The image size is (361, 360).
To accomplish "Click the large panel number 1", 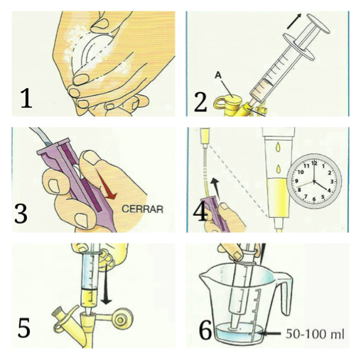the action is [x=26, y=98].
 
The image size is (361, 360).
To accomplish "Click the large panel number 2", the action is [x=200, y=102].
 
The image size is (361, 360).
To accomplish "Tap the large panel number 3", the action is [x=21, y=214].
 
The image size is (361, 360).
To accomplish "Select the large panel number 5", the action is [x=23, y=327].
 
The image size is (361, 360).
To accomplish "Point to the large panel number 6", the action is [x=205, y=330].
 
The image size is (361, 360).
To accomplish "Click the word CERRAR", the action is [x=142, y=209].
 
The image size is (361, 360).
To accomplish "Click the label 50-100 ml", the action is [x=315, y=334].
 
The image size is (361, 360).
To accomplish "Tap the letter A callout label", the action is [x=218, y=75].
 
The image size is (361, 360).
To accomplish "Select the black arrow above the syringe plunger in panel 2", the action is [x=294, y=21].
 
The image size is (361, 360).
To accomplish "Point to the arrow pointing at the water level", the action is [x=269, y=334].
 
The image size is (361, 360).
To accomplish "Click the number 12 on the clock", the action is [x=314, y=163].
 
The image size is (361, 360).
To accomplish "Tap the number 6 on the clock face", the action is [x=314, y=200].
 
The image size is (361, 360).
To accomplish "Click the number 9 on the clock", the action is [x=296, y=181].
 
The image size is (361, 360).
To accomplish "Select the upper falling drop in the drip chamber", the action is [x=278, y=147].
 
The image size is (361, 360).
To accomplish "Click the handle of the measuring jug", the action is [x=286, y=293].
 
